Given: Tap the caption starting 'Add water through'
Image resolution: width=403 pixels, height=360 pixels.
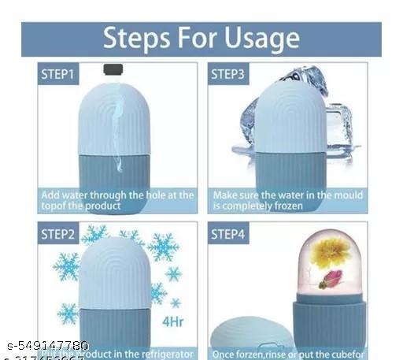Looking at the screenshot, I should pos(116,200).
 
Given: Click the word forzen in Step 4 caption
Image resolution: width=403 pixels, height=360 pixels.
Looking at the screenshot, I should pos(255,354).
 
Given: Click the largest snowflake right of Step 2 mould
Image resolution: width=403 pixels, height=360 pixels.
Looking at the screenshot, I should pos(163,247).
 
